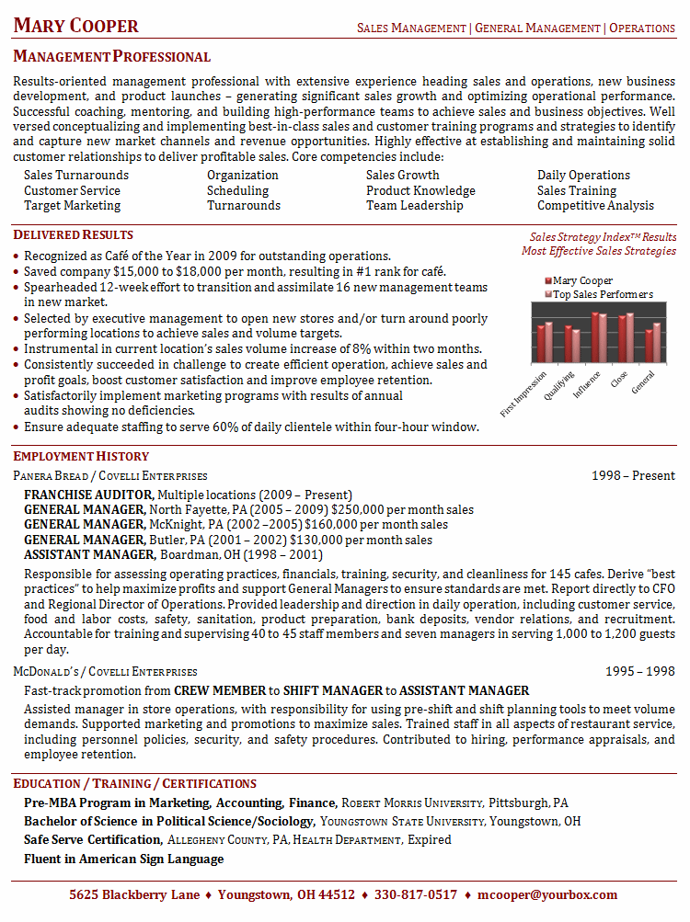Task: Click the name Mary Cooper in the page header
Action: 76,26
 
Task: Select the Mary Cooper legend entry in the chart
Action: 581,280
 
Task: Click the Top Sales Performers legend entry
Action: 602,294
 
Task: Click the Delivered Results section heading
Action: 74,235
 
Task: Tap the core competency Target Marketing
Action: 72,206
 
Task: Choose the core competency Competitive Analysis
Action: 595,206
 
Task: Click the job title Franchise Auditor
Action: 88,495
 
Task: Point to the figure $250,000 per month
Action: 367,509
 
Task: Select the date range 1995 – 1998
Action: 639,671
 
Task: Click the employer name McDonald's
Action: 49,672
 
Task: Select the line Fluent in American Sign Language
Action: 123,859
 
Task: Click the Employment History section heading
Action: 81,456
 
